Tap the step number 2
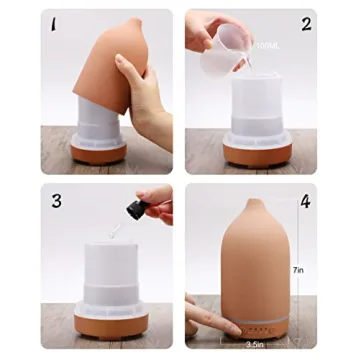(307, 22)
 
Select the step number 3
(56, 201)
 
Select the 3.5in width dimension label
(255, 342)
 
